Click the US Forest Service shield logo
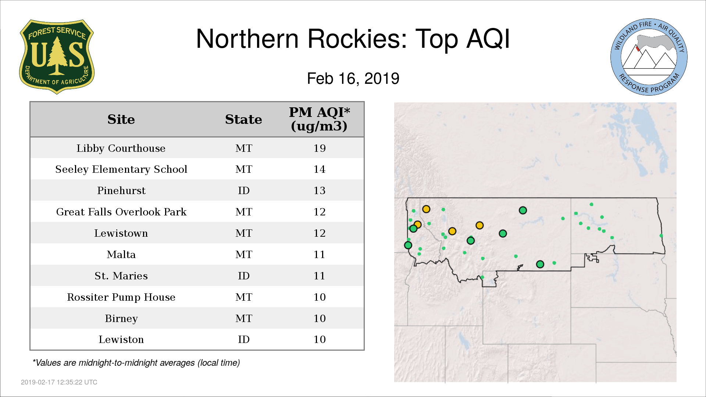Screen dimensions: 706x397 (57, 57)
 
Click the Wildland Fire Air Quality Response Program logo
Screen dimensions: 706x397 (649, 57)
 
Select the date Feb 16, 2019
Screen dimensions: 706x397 (353, 79)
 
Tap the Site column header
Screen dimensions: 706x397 (121, 119)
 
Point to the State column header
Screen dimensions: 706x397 (243, 119)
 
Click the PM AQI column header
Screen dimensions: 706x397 (319, 119)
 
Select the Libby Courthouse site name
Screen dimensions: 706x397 (121, 148)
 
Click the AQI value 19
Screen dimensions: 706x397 (320, 148)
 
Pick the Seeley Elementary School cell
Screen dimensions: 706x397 (121, 169)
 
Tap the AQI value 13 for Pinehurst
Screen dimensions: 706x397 (320, 190)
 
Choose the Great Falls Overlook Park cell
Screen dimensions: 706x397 (121, 212)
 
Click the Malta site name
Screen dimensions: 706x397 (121, 254)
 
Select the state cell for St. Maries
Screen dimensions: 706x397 (243, 276)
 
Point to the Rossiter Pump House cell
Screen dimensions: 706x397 (121, 297)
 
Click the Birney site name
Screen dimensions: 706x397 (121, 318)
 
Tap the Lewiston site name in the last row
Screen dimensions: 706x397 (121, 339)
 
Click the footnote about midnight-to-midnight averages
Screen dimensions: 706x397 (136, 363)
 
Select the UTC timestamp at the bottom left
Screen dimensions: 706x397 (59, 382)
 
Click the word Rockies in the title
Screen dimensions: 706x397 (357, 39)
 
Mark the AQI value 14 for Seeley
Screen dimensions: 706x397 (320, 169)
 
